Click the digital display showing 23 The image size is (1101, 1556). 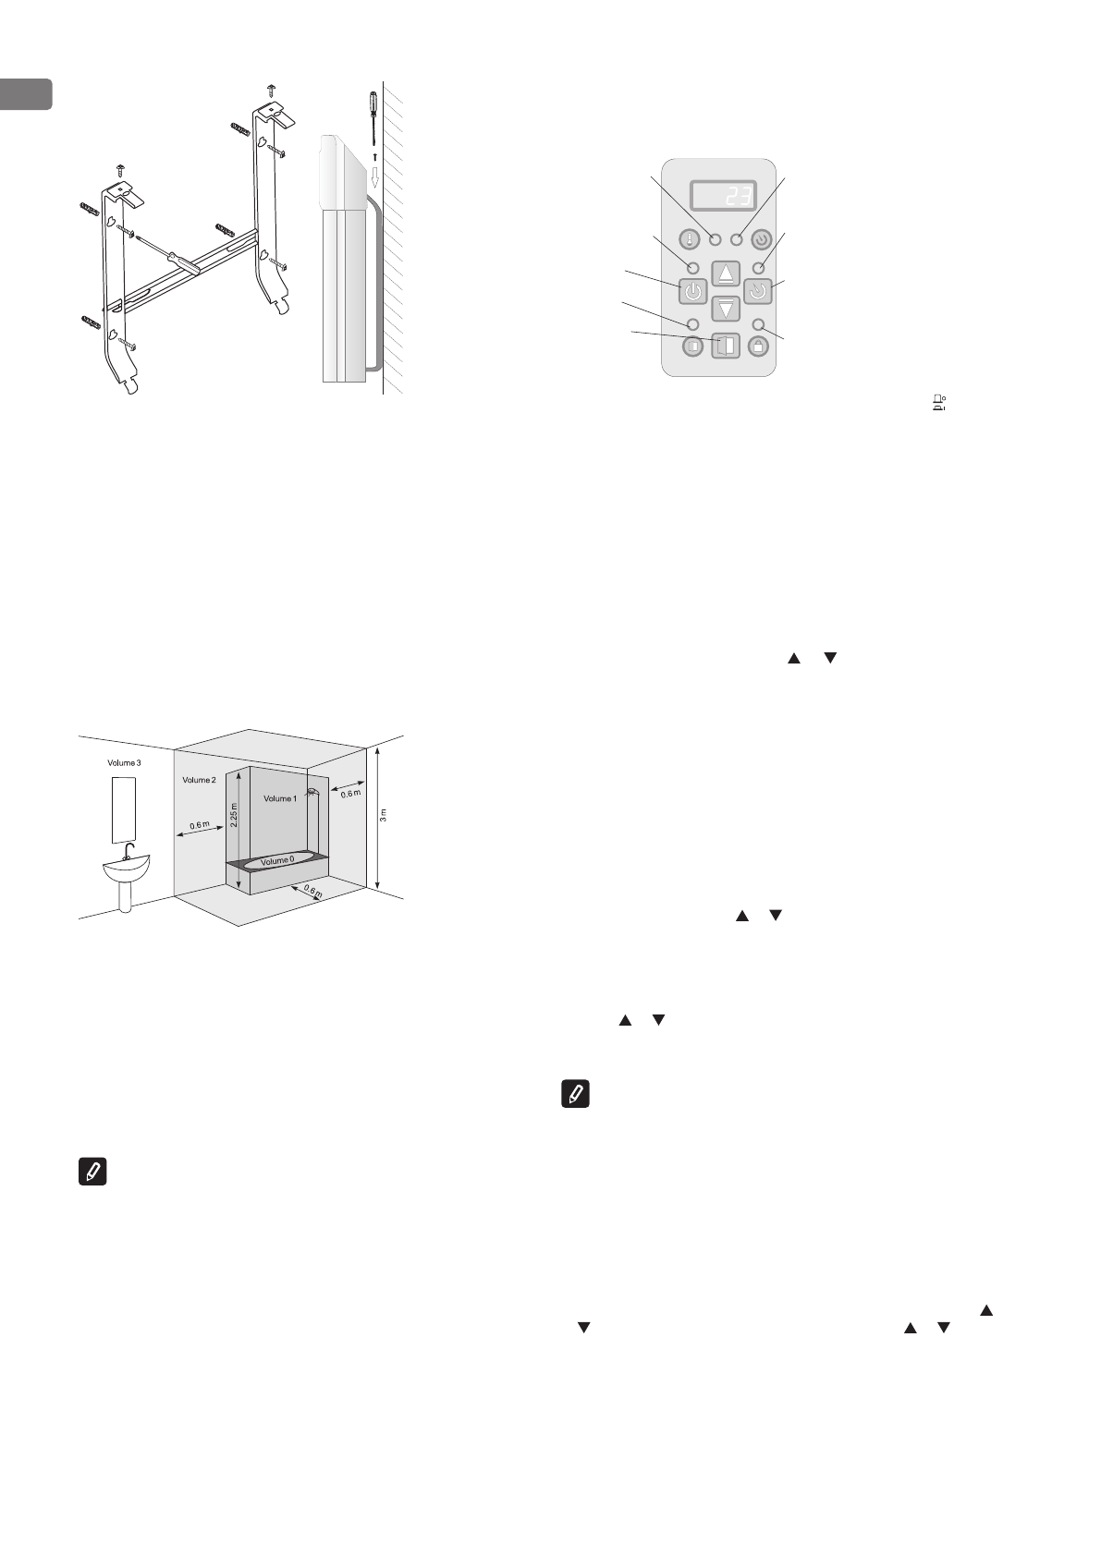click(x=724, y=196)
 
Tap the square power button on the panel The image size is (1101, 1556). click(x=693, y=292)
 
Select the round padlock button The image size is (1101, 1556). click(x=759, y=346)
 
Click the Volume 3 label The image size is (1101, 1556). click(x=124, y=764)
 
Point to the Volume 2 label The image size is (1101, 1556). click(x=199, y=780)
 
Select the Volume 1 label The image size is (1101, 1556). click(x=280, y=798)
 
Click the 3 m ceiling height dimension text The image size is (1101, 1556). click(x=384, y=814)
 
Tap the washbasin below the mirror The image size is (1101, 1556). click(x=126, y=868)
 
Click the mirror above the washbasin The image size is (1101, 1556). click(x=124, y=808)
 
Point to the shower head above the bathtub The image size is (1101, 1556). click(x=312, y=791)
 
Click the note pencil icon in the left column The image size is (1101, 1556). click(x=92, y=1173)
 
